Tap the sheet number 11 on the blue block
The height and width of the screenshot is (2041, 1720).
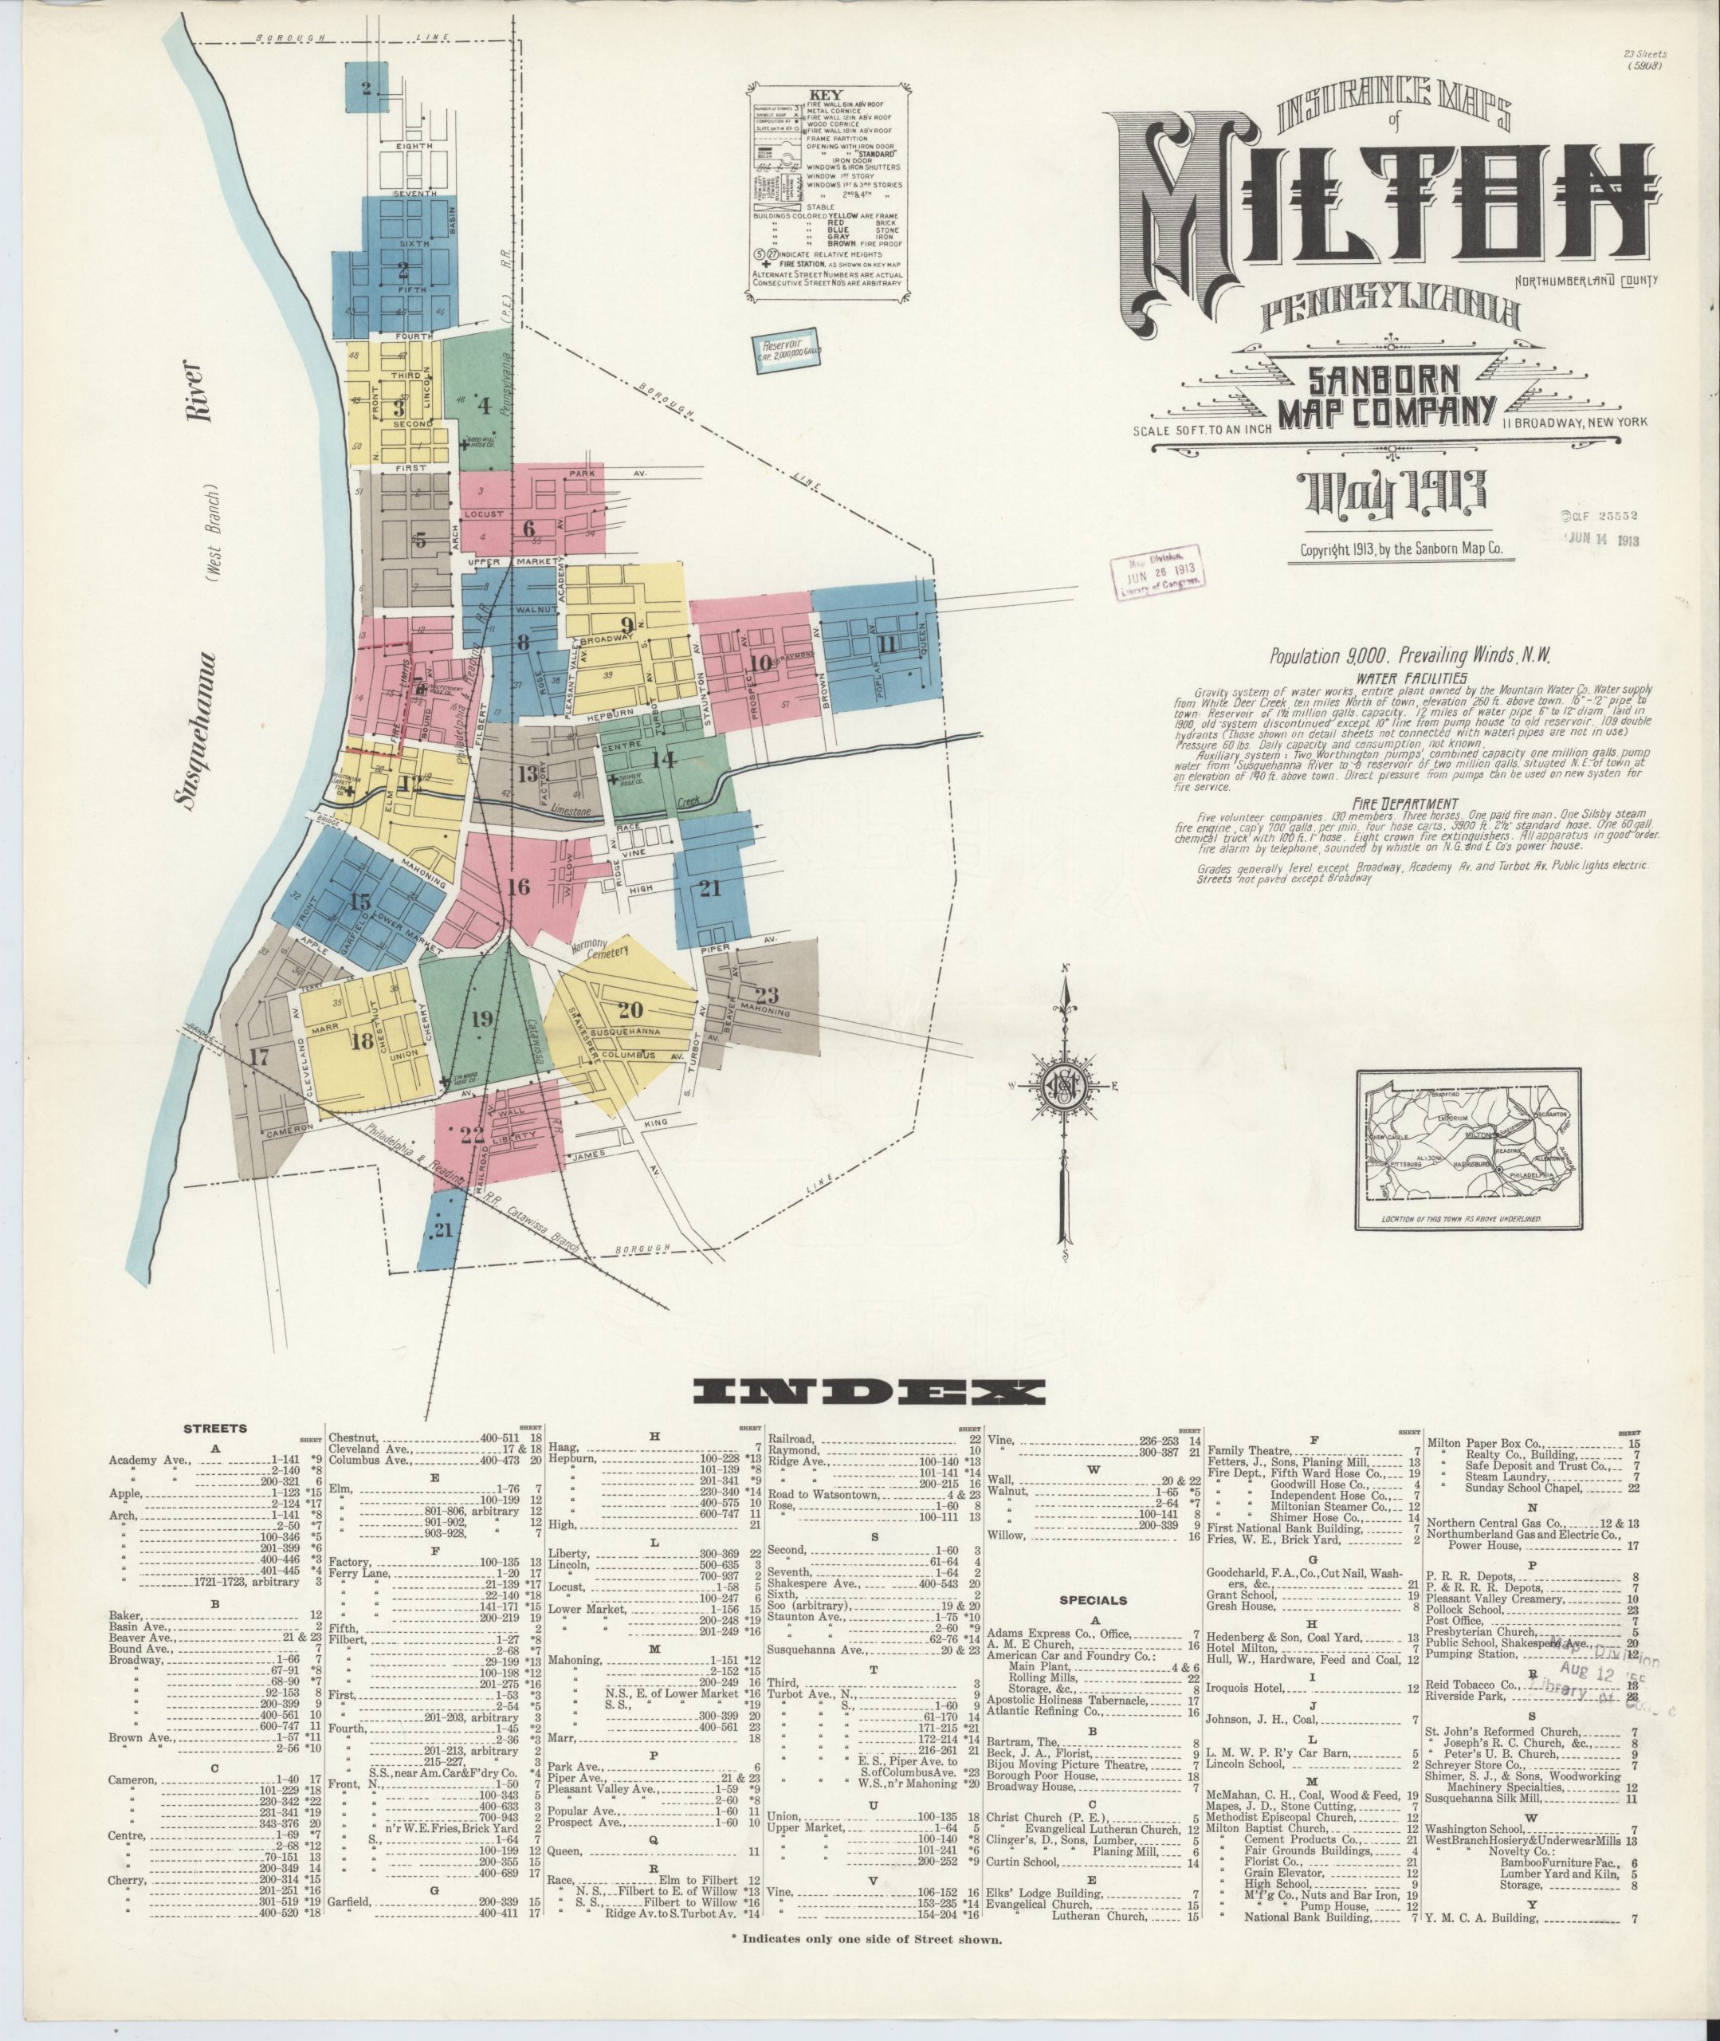(x=886, y=643)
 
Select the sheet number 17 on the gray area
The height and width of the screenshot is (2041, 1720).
(x=258, y=1057)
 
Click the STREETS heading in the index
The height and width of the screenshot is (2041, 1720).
(x=215, y=1429)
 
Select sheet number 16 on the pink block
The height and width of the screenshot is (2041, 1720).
(x=518, y=887)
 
